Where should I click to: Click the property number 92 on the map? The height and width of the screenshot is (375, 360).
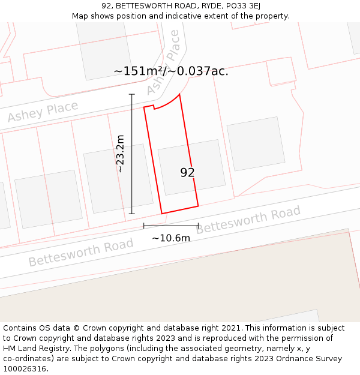[x=188, y=173]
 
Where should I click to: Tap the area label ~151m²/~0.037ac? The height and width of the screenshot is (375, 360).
[x=171, y=71]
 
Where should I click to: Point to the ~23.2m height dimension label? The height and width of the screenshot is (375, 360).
[x=120, y=154]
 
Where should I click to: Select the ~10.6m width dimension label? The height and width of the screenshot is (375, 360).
[x=171, y=238]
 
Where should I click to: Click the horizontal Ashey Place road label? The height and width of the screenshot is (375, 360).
[x=43, y=112]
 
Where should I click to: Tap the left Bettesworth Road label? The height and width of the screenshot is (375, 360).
[x=81, y=253]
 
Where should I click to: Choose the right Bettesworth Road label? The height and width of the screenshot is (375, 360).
[x=248, y=220]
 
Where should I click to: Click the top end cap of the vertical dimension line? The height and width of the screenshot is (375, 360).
[x=132, y=94]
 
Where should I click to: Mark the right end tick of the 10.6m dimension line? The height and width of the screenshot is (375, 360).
[x=198, y=226]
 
